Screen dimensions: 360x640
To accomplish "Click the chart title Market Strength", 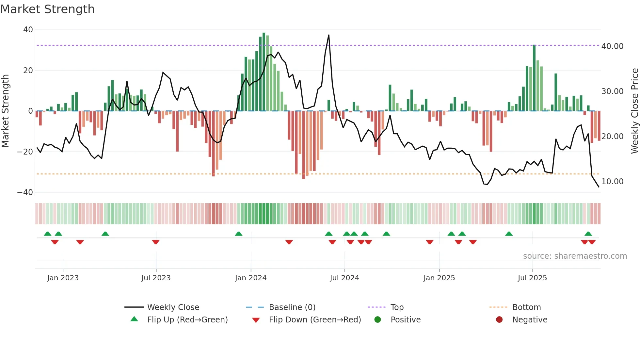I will [47, 9].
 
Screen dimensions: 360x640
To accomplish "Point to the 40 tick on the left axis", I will [28, 30].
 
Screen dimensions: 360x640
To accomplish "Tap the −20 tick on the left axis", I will [25, 152].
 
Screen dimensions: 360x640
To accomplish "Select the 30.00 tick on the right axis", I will [612, 91].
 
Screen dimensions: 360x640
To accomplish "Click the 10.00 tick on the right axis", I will [612, 182].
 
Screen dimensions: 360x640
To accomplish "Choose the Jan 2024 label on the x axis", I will [250, 278].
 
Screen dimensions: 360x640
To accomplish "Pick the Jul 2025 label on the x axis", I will [532, 278].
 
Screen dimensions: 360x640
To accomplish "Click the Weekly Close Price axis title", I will [634, 111].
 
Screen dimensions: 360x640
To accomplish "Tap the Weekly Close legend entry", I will [173, 307].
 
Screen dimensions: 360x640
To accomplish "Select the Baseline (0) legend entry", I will [292, 307].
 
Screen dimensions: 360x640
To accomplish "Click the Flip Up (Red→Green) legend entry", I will [187, 320].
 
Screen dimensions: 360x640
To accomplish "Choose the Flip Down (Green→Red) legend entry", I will [315, 320].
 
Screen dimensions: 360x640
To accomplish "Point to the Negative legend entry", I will [529, 320].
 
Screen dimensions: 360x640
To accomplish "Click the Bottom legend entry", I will [526, 307].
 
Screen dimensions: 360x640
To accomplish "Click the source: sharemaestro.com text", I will [575, 256].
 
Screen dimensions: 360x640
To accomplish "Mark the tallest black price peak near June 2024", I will [328, 35].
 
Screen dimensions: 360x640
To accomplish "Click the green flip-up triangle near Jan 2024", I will [239, 234].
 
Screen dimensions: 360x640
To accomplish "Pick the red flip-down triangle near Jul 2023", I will [156, 242].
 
